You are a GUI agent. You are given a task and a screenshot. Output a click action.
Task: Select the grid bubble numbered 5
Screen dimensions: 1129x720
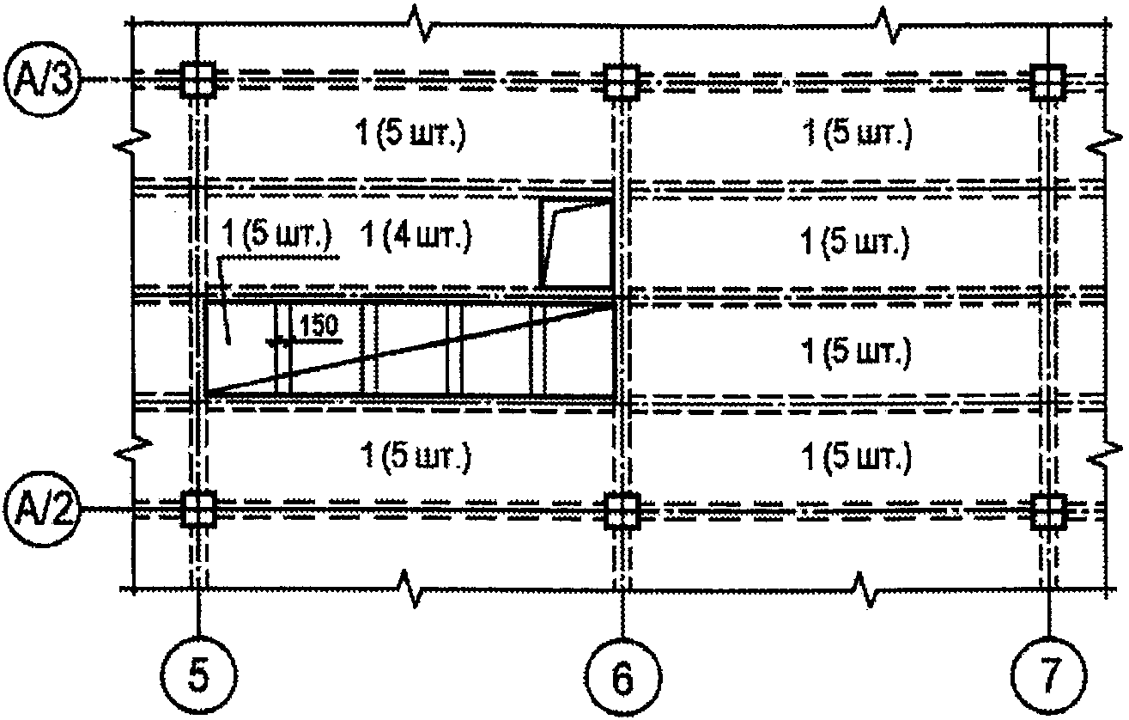tap(199, 676)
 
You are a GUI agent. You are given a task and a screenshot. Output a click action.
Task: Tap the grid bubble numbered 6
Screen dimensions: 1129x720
tap(624, 676)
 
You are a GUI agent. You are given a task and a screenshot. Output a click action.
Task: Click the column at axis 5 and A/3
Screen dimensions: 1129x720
tap(198, 80)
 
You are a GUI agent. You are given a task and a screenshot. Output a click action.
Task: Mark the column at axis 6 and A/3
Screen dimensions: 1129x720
tap(622, 82)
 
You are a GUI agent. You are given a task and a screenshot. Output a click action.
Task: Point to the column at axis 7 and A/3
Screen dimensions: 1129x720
tap(1047, 82)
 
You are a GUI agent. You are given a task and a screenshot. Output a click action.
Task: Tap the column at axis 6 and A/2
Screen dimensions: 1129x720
tap(622, 510)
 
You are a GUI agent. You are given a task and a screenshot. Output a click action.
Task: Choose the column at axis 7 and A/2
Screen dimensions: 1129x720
tap(1047, 511)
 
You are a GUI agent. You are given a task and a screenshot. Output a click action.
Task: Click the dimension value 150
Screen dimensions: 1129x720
tap(319, 326)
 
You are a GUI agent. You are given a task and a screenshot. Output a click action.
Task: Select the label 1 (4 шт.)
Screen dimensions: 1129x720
tap(416, 236)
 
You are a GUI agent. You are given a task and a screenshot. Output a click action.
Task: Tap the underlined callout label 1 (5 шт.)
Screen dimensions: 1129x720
tap(276, 235)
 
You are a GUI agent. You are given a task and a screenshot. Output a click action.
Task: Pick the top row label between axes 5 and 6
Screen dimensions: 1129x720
tap(410, 134)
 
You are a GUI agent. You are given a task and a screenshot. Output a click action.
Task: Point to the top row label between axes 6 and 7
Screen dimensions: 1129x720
tap(857, 134)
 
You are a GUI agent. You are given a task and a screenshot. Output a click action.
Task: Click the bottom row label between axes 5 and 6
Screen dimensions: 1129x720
tap(416, 457)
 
